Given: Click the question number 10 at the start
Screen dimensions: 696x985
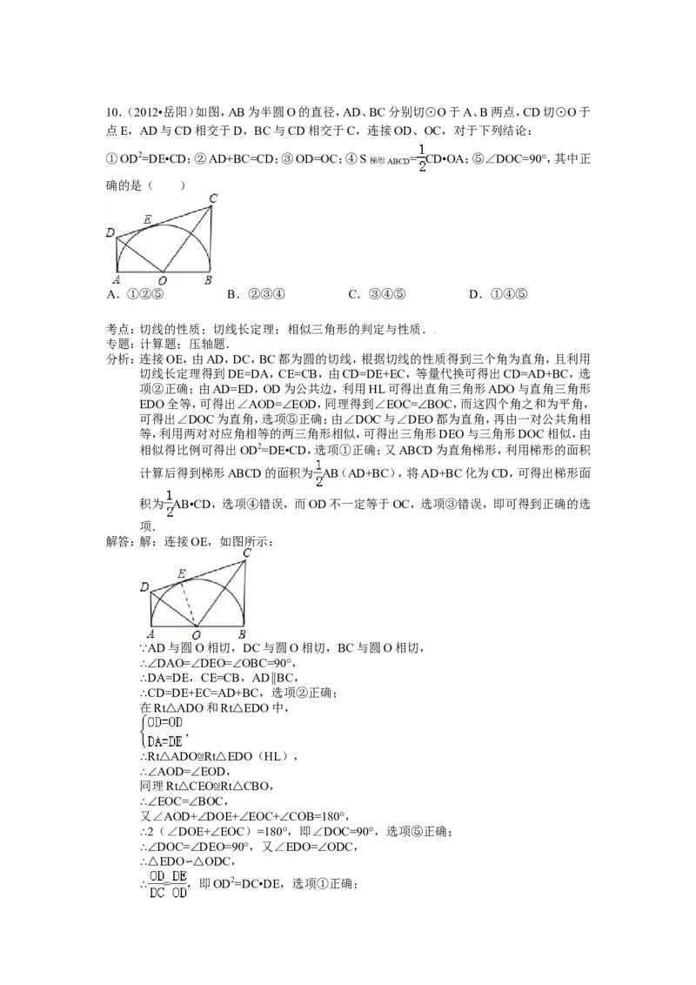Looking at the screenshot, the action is tap(112, 112).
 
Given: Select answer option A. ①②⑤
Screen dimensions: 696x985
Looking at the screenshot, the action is tap(136, 294).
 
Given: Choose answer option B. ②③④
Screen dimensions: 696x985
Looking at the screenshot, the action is tap(257, 294).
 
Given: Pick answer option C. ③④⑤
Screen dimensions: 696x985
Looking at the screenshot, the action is tap(377, 294).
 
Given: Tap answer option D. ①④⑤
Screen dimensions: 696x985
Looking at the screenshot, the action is tap(499, 294).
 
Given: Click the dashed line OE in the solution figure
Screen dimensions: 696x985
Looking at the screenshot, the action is tap(190, 602).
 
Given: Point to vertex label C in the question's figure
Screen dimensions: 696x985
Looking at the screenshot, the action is tap(213, 198).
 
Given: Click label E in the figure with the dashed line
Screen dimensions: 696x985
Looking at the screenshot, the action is tap(182, 573).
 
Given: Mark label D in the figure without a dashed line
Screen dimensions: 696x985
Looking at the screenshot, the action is tap(110, 233).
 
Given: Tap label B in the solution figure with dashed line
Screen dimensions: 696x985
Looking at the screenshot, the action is tap(242, 634).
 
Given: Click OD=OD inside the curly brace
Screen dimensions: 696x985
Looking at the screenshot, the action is tap(164, 722).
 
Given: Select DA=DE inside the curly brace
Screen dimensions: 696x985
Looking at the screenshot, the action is tap(164, 741).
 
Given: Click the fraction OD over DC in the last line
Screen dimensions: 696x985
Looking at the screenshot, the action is tap(157, 884).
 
